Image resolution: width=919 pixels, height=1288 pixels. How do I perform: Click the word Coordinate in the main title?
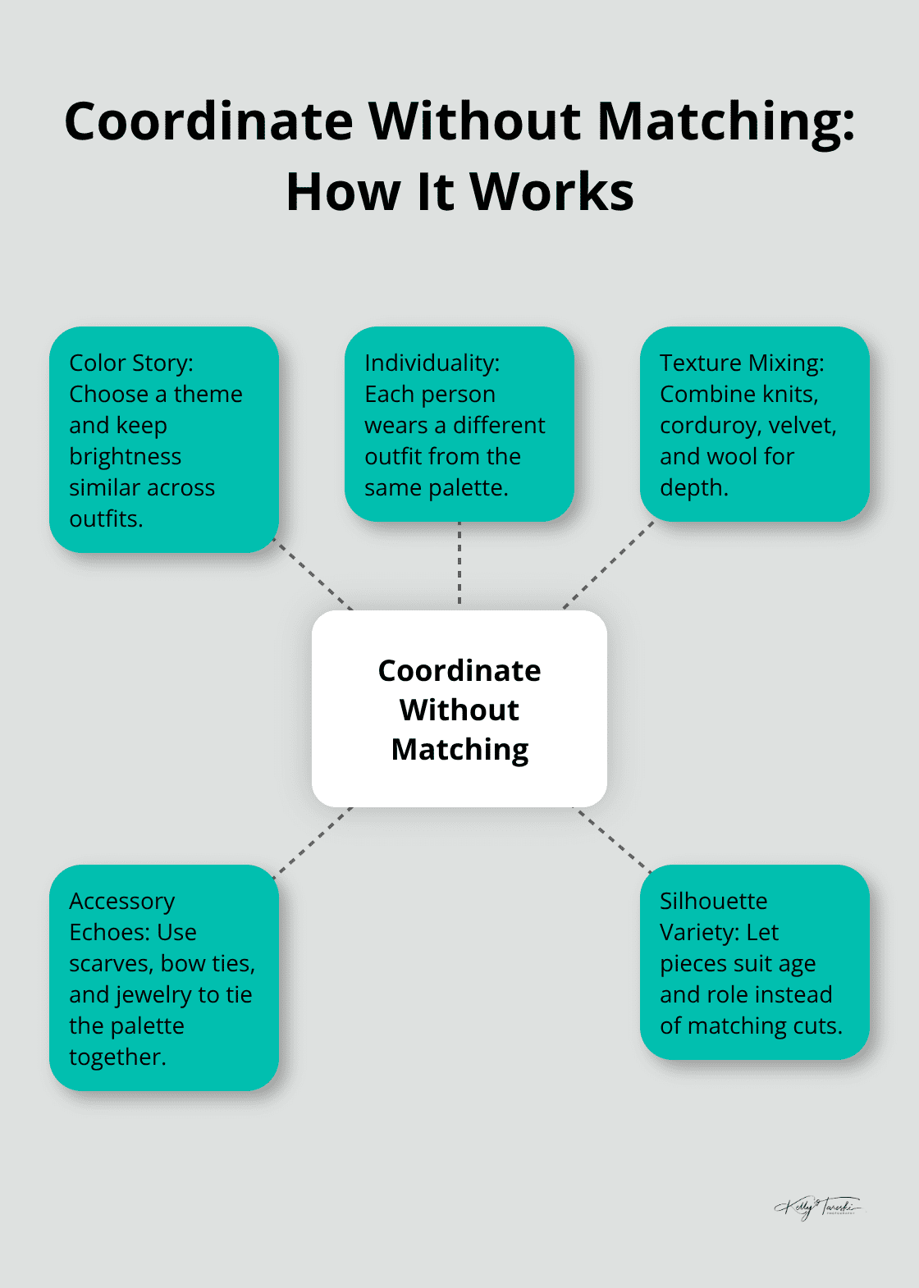(208, 121)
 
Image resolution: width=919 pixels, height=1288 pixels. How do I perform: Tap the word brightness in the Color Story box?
(125, 456)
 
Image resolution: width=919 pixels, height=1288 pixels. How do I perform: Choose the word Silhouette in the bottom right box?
(713, 901)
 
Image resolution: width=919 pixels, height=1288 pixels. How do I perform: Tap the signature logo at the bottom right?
(817, 1208)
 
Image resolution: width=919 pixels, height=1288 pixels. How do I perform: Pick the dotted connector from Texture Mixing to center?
(608, 566)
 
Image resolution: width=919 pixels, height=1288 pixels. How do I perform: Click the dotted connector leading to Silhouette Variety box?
(612, 839)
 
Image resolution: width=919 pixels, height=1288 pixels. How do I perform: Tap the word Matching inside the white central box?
(459, 750)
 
